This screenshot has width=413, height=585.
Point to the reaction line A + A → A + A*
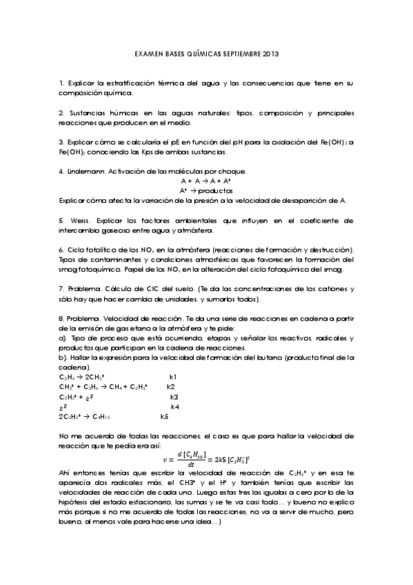coord(206,180)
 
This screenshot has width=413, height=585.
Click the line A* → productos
coord(206,190)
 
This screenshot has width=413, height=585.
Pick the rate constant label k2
coord(171,387)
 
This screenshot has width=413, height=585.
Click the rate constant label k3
coord(174,397)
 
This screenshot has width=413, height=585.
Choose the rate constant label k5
coord(165,417)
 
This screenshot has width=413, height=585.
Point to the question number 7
coord(61,288)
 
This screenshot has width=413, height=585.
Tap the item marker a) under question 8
coord(62,337)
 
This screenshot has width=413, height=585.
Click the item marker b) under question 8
coord(62,357)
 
